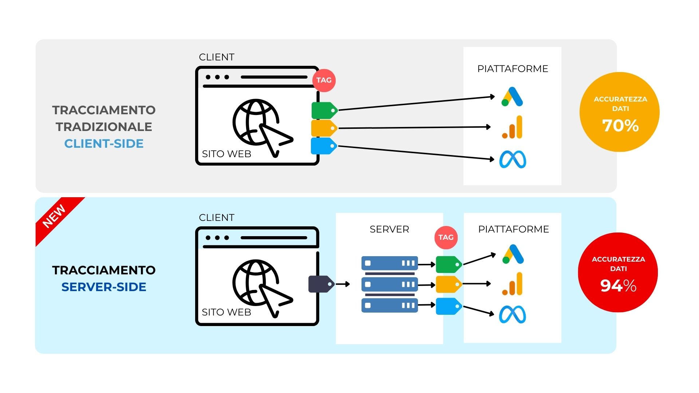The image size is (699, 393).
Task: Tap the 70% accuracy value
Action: coord(620,126)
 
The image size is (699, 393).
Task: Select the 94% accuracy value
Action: coord(618,286)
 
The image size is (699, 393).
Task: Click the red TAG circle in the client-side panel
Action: coord(324,80)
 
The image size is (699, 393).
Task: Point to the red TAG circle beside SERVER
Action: coord(446,237)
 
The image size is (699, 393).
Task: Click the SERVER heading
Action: coord(389,229)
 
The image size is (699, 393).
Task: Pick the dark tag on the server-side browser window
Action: coord(321,284)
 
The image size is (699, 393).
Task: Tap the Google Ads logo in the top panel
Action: coord(512,97)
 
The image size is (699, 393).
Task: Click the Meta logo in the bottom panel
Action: coord(512,314)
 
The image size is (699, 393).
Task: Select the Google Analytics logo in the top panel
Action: coord(513,127)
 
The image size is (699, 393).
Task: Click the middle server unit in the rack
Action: coord(389,284)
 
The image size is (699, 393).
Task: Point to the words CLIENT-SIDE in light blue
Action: coord(104,143)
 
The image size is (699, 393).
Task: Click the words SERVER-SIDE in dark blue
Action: coord(104,287)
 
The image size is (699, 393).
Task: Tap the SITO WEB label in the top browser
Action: coord(226,154)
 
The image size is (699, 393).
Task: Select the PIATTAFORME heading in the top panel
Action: coord(513,69)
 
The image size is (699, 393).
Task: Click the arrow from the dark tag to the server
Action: coord(343,284)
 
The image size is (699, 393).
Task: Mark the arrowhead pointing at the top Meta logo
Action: coord(492,159)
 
